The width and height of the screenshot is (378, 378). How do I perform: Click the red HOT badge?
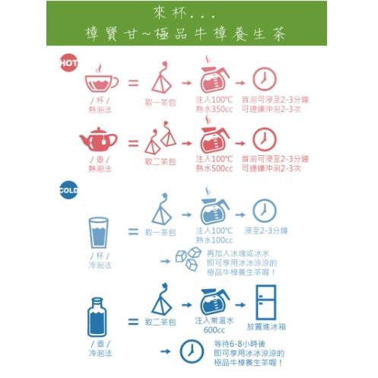[68, 64]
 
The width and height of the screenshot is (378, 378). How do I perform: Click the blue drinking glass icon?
[99, 233]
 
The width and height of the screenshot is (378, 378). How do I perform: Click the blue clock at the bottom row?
[187, 351]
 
